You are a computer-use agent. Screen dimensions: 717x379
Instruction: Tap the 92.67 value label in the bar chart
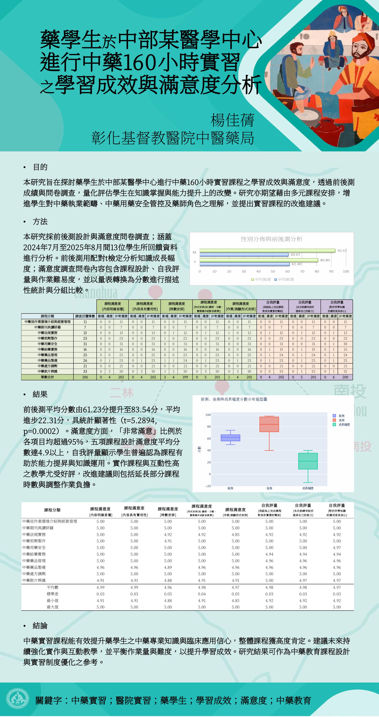(x=342, y=250)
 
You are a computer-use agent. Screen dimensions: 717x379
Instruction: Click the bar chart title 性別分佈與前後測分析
(x=272, y=239)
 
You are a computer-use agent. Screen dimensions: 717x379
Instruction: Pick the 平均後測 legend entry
(x=261, y=279)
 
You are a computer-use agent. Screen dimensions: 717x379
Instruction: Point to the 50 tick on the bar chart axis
(x=273, y=271)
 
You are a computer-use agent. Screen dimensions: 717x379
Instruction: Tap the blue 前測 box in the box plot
(x=230, y=438)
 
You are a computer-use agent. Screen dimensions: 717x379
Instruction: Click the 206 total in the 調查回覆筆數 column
(x=85, y=377)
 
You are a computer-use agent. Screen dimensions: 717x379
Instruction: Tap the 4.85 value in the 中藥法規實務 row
(x=235, y=534)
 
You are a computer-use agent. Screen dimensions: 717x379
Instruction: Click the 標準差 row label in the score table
(x=53, y=594)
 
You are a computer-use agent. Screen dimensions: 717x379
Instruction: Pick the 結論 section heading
(x=40, y=626)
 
